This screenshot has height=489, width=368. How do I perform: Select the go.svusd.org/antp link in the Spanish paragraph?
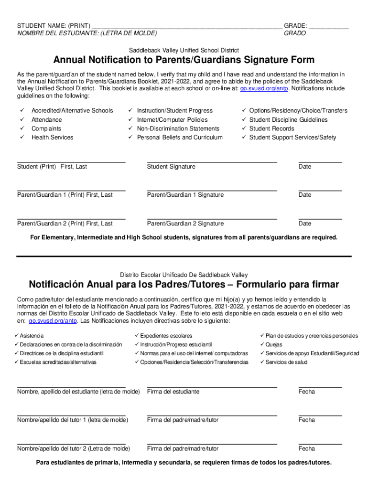[x=53, y=321]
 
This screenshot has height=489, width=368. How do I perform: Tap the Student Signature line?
[x=212, y=162]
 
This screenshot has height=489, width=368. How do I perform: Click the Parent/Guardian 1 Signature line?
[x=212, y=191]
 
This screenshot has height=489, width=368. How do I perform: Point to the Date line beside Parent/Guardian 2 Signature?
[x=320, y=219]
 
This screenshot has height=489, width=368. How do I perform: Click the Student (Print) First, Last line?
[x=71, y=162]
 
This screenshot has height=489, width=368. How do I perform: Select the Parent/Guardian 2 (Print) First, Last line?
[x=71, y=219]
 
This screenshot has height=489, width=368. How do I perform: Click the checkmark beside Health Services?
[x=22, y=137]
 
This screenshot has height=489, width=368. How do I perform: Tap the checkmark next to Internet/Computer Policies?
[x=130, y=119]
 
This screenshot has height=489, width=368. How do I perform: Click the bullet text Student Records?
[x=271, y=128]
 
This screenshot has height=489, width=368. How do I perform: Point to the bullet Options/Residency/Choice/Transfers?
[x=298, y=110]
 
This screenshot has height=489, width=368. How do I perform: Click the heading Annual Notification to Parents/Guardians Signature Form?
[x=184, y=60]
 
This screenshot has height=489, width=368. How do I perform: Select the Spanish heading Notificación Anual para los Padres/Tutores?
[x=184, y=285]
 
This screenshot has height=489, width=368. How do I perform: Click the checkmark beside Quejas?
[x=262, y=344]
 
